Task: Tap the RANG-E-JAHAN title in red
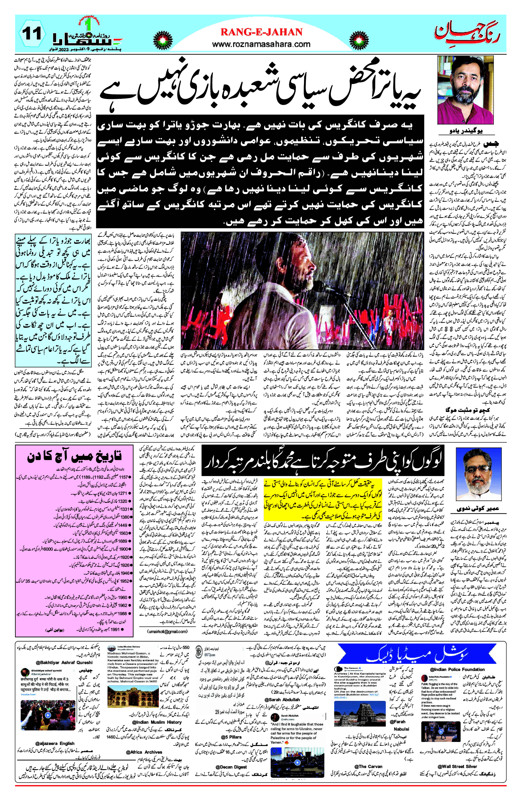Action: point(261,32)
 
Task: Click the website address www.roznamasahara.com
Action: point(261,44)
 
